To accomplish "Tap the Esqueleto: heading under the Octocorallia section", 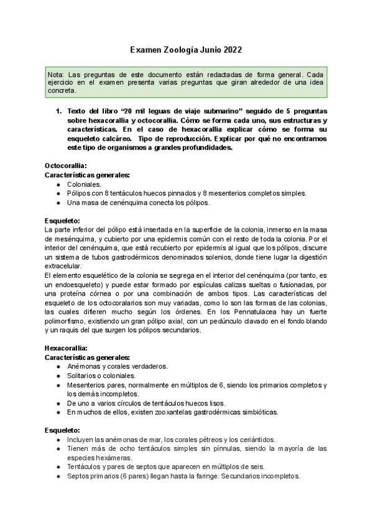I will click(x=62, y=220).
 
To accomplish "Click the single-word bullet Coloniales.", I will click(x=86, y=184).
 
